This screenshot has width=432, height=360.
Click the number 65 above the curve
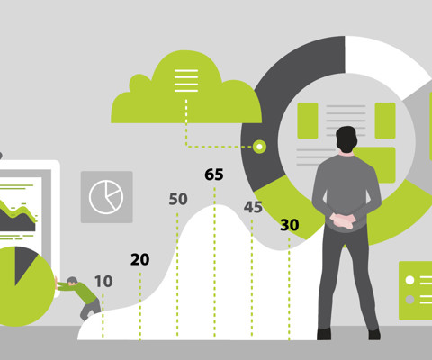click(214, 175)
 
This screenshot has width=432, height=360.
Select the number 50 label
click(178, 199)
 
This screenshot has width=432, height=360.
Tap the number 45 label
click(253, 207)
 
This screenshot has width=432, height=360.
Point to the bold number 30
click(290, 225)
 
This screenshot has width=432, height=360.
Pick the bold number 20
click(140, 259)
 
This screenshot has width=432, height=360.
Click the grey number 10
click(103, 282)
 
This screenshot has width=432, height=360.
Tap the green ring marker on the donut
click(259, 147)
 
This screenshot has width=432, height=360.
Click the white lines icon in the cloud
click(186, 81)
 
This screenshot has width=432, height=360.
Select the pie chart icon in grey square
click(106, 197)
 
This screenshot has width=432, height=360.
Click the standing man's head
click(346, 139)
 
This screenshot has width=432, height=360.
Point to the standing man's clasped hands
click(343, 220)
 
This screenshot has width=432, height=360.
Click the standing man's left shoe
click(324, 334)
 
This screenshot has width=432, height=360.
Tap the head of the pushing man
click(72, 281)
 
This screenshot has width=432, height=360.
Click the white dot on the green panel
click(409, 280)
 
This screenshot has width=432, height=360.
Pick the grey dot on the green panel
click(409, 299)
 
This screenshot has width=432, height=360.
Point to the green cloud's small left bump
click(139, 83)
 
